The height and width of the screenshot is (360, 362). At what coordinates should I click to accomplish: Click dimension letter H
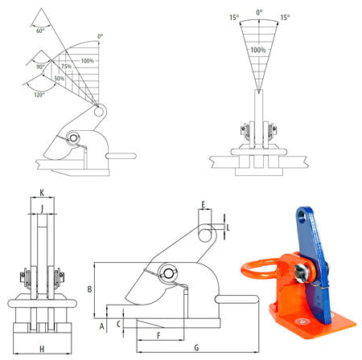click(x=42, y=348)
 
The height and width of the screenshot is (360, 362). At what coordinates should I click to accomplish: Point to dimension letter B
click(x=90, y=288)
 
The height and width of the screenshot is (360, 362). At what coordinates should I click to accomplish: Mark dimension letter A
click(x=102, y=327)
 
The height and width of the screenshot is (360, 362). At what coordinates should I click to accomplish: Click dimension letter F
click(x=159, y=333)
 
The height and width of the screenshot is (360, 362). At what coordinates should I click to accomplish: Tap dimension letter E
click(x=204, y=204)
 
